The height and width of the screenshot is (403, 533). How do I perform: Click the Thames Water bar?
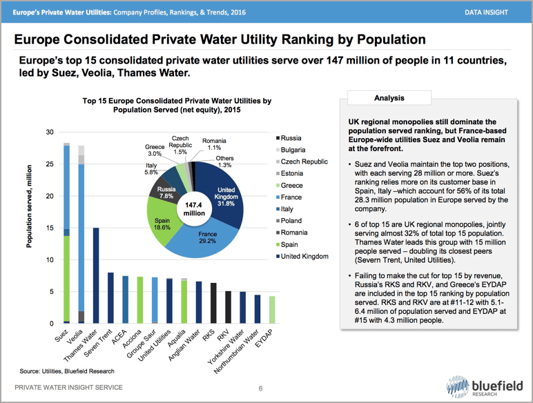click(x=97, y=276)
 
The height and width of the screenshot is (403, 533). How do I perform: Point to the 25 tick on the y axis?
click(x=49, y=164)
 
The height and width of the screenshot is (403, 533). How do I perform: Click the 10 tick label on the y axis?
click(x=49, y=260)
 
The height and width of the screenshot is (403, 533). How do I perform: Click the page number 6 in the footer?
click(x=261, y=389)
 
